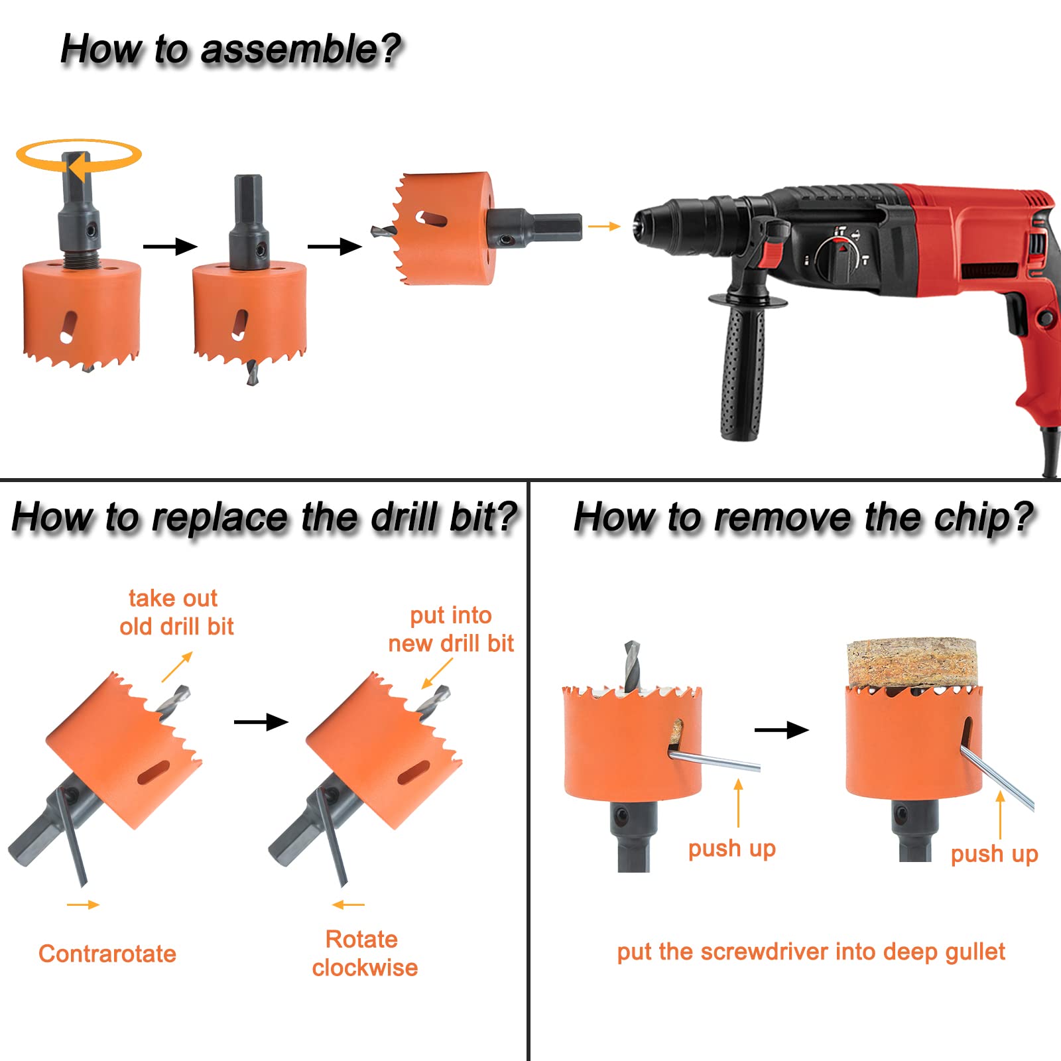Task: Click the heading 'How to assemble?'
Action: point(231,50)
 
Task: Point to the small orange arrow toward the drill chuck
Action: point(604,227)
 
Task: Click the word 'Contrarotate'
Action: point(107,954)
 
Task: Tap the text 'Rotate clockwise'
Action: point(365,954)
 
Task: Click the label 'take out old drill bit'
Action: point(176,613)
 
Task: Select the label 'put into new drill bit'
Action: point(451,629)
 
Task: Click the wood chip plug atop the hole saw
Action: point(912,663)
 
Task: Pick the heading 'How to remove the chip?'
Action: point(803,518)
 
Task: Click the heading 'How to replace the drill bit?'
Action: point(265,518)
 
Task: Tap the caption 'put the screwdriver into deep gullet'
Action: point(811,952)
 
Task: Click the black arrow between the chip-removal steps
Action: point(782,731)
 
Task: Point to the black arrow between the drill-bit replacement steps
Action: point(261,721)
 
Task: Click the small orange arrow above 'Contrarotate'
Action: point(83,905)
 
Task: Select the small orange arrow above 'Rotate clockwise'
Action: point(349,905)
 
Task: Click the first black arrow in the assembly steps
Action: point(170,247)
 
